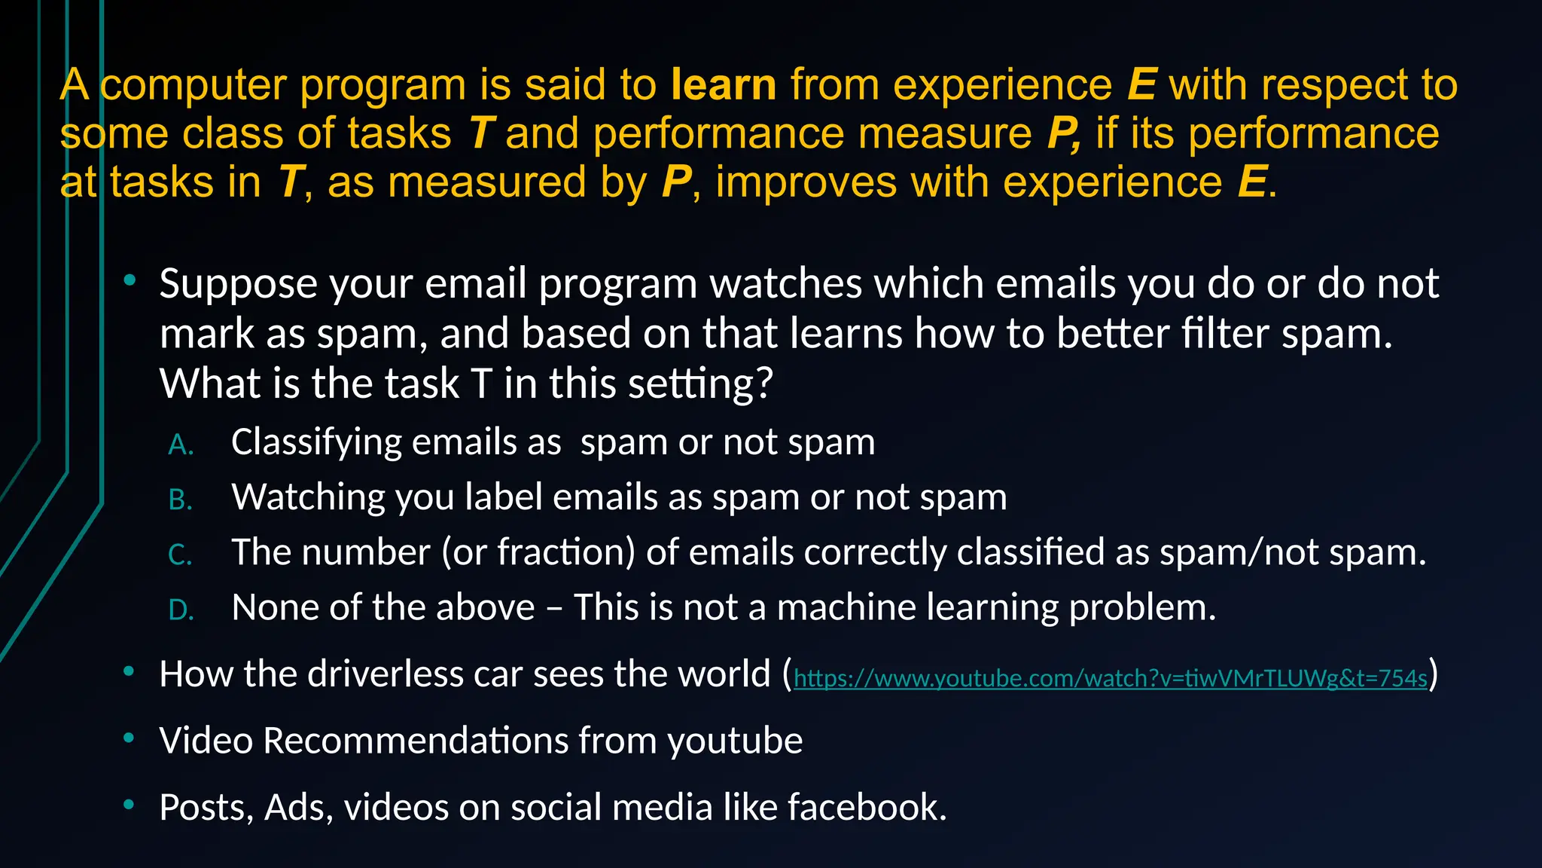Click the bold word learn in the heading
[x=723, y=84]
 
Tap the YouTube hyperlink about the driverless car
[x=1110, y=678]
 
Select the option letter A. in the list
[x=181, y=445]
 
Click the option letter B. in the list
[x=181, y=500]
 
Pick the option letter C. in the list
[x=181, y=555]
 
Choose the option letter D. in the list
[x=181, y=610]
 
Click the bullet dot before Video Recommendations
[x=130, y=738]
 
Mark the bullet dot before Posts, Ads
[x=130, y=805]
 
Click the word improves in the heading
[x=806, y=182]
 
